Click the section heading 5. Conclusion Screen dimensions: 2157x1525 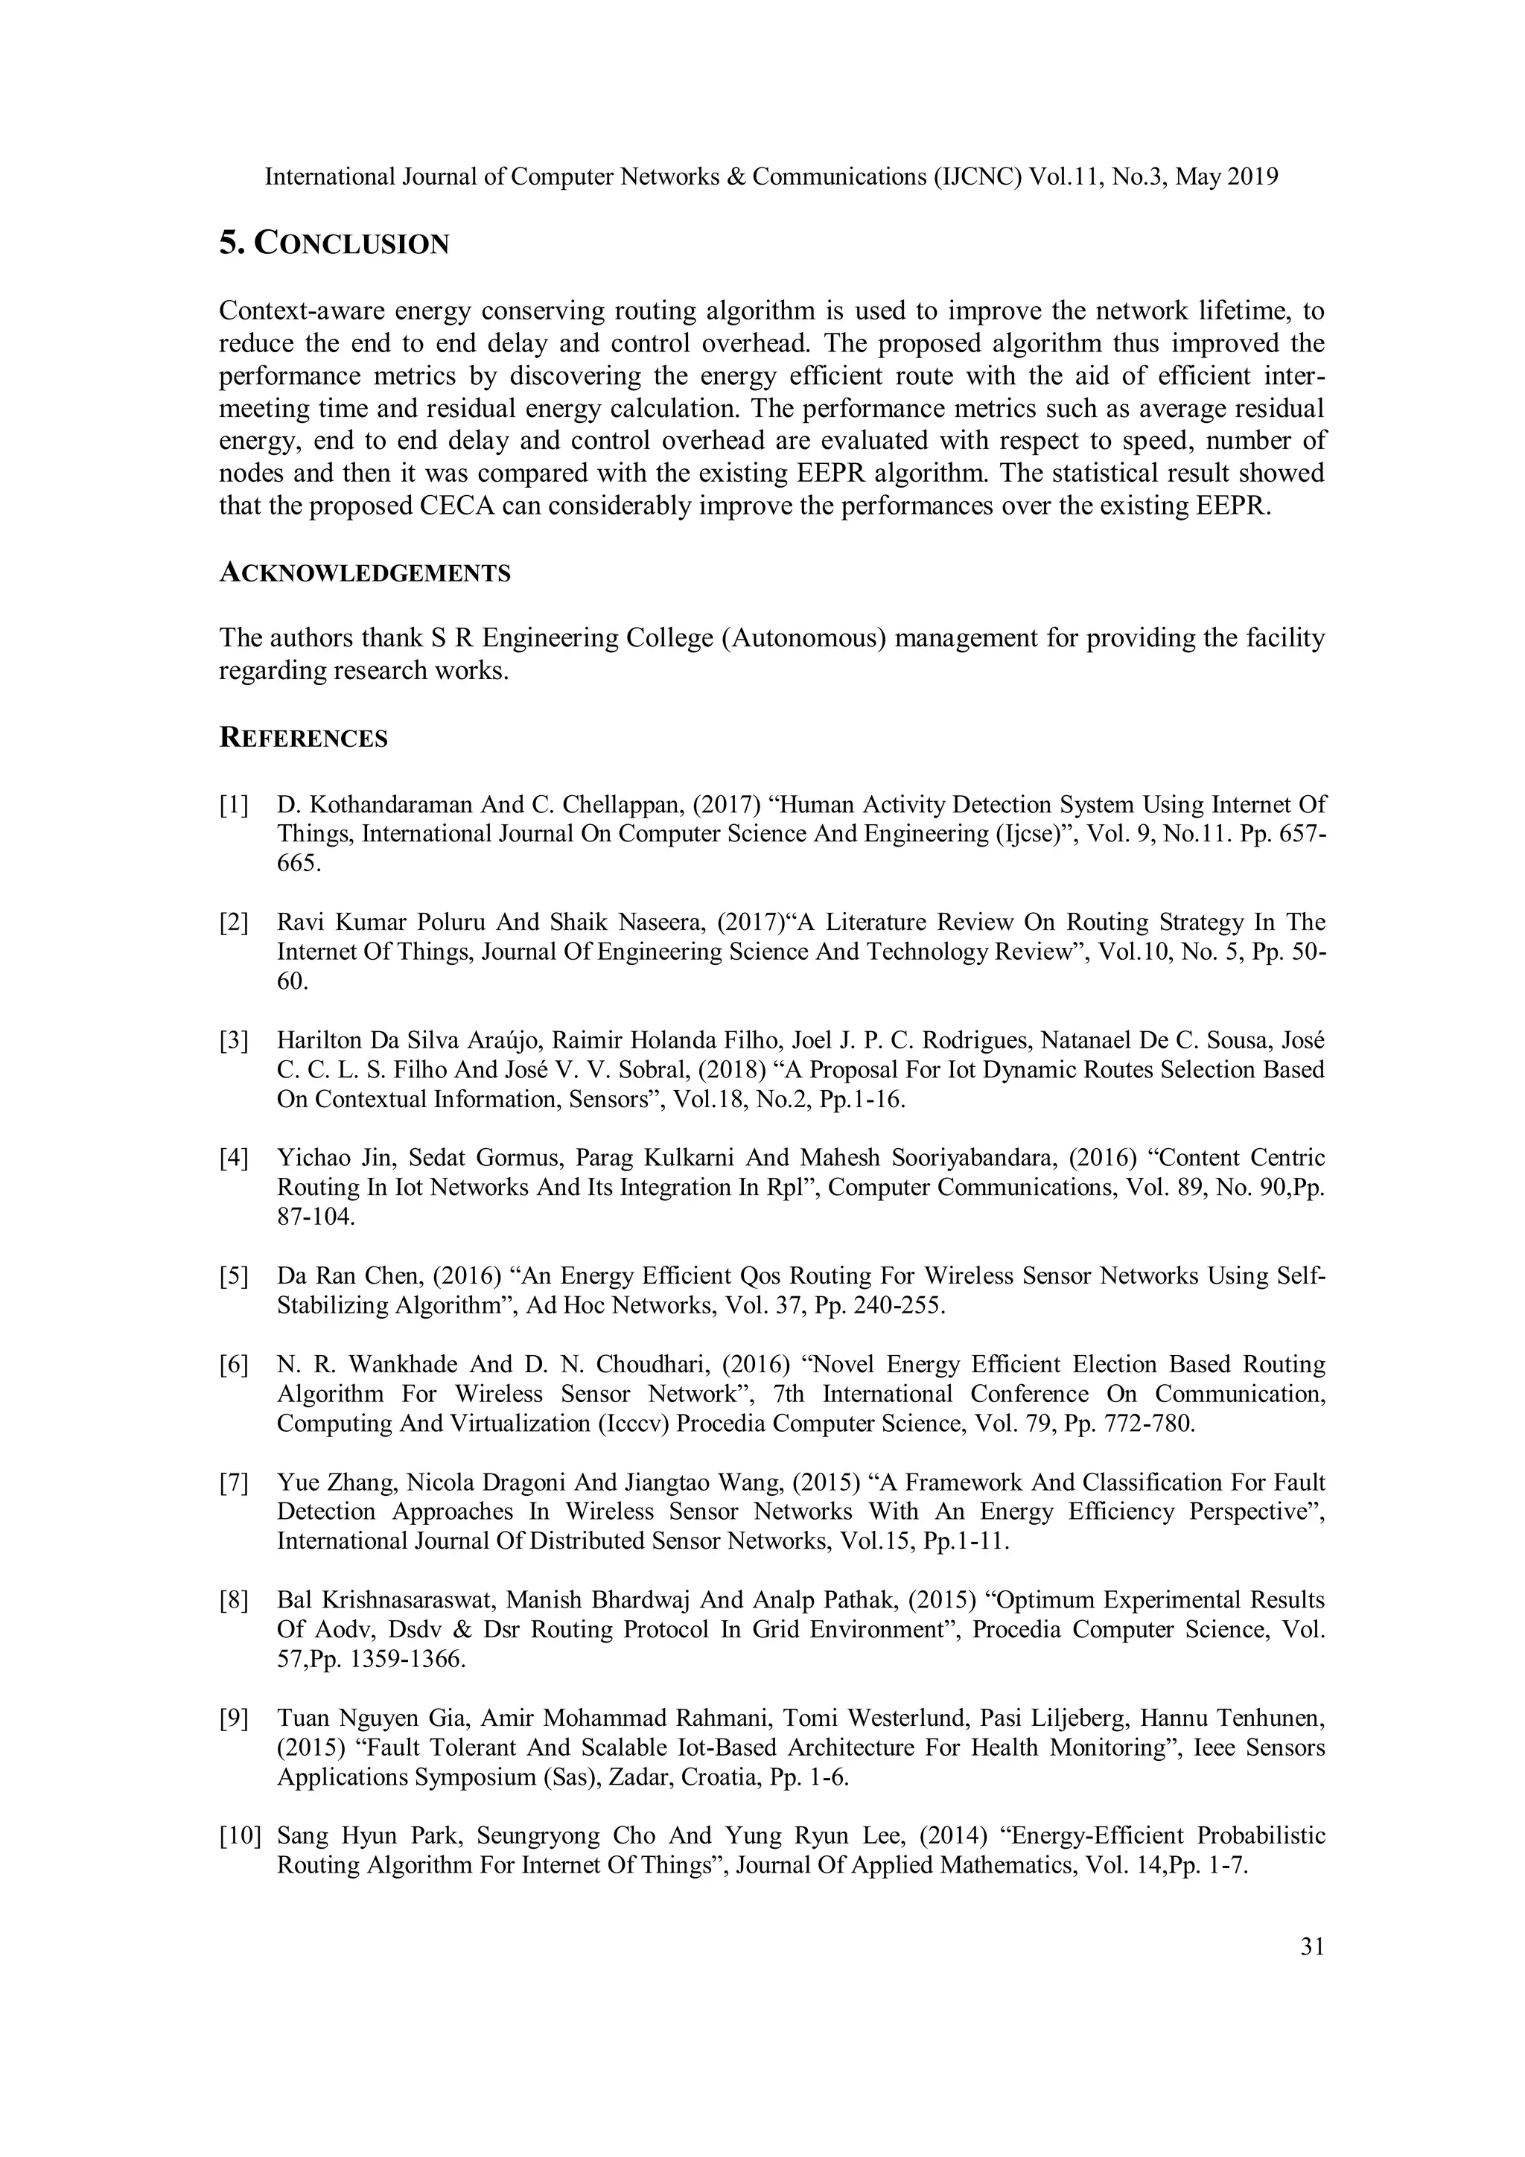coord(334,243)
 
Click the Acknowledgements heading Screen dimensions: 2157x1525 coord(365,573)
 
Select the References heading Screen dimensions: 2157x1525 coord(304,739)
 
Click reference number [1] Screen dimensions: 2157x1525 coord(234,805)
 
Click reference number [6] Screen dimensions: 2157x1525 coord(234,1364)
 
